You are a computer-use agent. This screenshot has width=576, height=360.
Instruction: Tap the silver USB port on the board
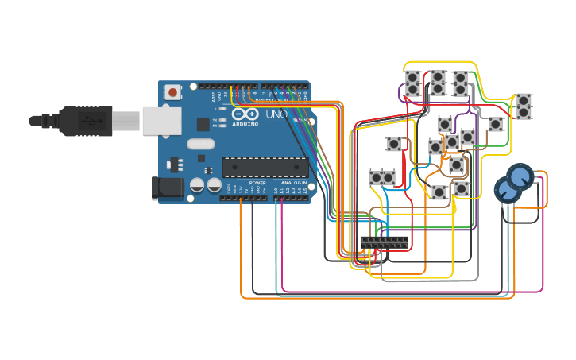pyautogui.click(x=161, y=120)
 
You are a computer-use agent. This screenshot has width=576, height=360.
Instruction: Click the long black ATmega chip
pyautogui.click(x=265, y=167)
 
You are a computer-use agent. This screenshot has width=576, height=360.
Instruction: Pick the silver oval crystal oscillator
pyautogui.click(x=201, y=145)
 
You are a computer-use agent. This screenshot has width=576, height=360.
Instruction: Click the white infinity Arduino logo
pyautogui.click(x=245, y=114)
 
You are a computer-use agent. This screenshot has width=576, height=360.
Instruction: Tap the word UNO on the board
pyautogui.click(x=276, y=114)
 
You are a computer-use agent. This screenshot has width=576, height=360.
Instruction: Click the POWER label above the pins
pyautogui.click(x=257, y=184)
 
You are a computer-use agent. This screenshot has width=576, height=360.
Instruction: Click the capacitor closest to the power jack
pyautogui.click(x=197, y=185)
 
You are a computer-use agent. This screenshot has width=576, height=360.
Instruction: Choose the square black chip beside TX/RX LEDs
pyautogui.click(x=203, y=124)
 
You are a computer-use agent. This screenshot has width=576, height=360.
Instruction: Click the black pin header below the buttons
pyautogui.click(x=385, y=242)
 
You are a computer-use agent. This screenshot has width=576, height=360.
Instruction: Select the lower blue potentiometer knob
pyautogui.click(x=507, y=190)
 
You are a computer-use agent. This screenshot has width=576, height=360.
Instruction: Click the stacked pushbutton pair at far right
pyautogui.click(x=524, y=106)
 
